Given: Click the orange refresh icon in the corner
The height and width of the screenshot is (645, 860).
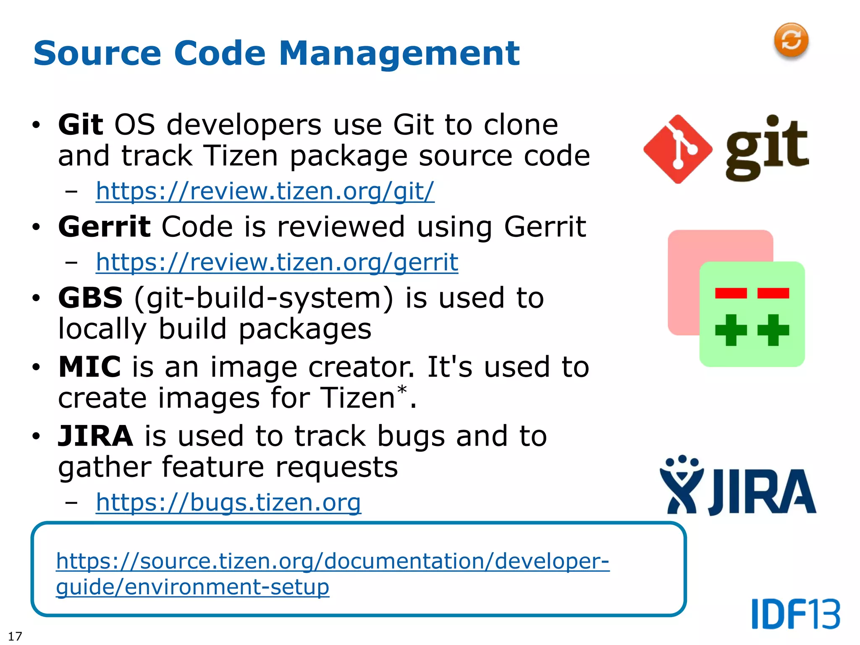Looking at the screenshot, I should [791, 40].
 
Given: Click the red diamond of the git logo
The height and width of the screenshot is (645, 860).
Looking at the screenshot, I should [677, 149].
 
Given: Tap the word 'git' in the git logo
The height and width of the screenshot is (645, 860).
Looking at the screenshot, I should [767, 148].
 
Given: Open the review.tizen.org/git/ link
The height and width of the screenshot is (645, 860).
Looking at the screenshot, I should [265, 191].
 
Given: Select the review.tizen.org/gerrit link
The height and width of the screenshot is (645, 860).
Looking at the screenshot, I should [277, 262].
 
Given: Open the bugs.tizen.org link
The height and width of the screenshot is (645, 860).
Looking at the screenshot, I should [228, 502].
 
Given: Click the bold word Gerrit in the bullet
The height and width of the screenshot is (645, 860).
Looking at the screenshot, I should [104, 227].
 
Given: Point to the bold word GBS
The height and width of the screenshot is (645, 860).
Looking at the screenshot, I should [90, 298].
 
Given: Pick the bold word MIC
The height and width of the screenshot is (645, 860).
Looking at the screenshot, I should [89, 367].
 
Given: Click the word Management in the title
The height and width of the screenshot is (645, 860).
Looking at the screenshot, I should [399, 53].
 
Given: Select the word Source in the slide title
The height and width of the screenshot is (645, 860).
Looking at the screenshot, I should [97, 53].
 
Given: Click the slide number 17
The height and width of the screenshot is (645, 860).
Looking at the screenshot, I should [15, 636].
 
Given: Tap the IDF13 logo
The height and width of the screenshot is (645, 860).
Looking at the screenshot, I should [796, 614].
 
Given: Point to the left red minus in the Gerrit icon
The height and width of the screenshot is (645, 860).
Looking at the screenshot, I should [731, 293].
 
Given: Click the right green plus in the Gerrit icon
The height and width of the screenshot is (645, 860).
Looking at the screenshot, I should [773, 330].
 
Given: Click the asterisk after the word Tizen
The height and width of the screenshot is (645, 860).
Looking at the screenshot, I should [402, 389].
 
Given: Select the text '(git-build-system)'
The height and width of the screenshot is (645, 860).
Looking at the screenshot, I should [264, 298].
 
